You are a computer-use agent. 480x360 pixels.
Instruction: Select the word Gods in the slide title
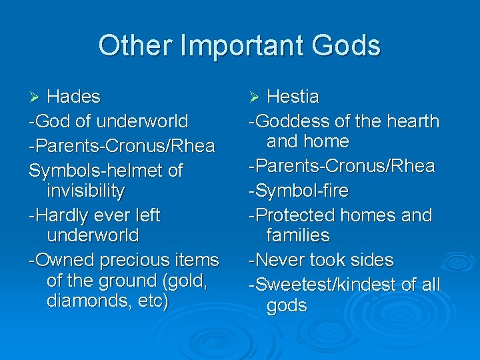click(346, 46)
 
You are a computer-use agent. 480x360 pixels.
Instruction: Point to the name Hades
click(73, 97)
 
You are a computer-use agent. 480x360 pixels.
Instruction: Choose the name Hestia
click(293, 97)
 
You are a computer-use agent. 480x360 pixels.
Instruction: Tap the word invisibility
click(86, 191)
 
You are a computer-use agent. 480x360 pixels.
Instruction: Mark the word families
click(298, 235)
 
